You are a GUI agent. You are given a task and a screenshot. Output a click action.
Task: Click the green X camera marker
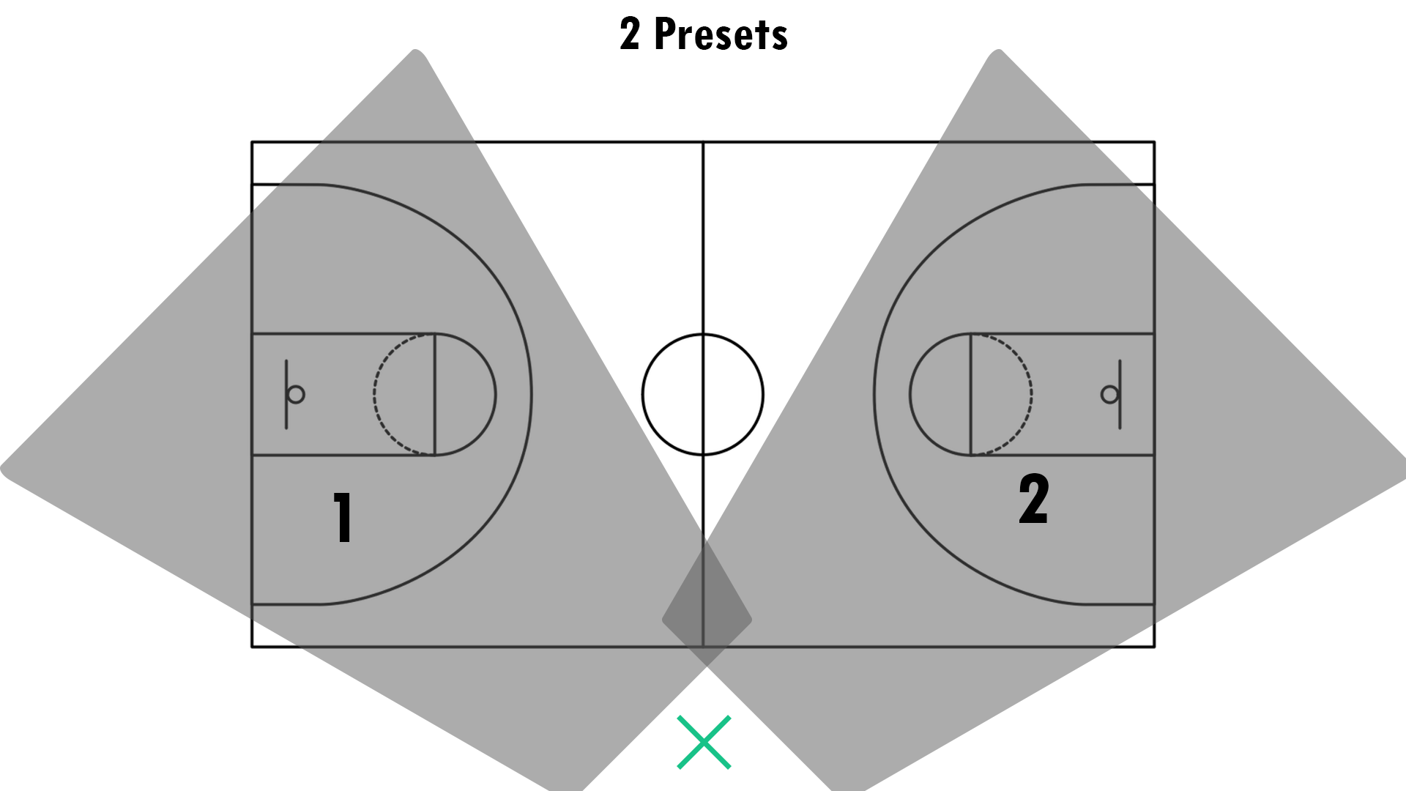point(704,743)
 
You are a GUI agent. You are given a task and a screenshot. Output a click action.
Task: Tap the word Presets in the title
point(721,34)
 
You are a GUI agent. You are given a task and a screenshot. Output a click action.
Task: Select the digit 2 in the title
point(630,34)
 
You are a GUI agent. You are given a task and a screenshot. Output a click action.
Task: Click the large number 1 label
point(343,517)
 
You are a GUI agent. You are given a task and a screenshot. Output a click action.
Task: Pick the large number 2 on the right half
point(1033,499)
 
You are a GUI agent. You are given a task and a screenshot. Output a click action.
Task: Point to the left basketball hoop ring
point(296,395)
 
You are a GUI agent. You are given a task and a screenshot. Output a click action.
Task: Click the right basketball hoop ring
point(1109,395)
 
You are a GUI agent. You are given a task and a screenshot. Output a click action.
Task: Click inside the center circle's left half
point(672,395)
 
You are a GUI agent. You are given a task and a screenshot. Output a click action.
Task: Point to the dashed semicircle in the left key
point(376,395)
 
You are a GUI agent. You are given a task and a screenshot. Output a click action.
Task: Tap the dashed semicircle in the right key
point(1031,395)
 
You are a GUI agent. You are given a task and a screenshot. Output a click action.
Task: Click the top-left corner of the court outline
point(252,142)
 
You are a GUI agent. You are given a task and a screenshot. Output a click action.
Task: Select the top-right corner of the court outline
point(1155,142)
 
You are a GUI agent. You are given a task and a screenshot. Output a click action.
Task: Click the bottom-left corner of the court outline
point(252,647)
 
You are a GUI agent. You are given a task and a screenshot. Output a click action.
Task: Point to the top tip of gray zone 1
point(416,51)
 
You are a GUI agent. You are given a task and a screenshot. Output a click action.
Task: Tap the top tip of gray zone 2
point(998,51)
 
